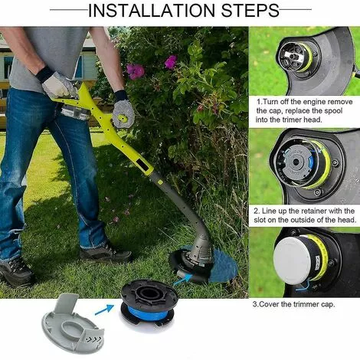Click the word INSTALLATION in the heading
[152, 10]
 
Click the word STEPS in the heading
[250, 10]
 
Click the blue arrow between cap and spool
[104, 309]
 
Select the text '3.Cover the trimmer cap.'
[293, 304]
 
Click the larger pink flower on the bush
[136, 71]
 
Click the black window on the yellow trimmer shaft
[143, 165]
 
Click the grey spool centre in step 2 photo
[296, 162]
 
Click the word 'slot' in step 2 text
[260, 220]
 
